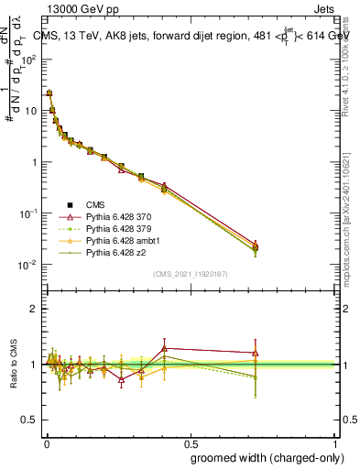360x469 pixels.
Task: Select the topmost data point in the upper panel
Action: coord(49,93)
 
